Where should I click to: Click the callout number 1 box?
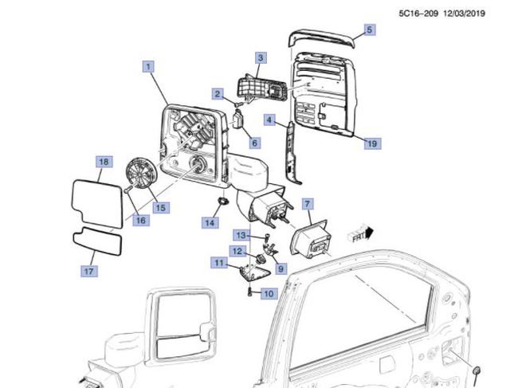[148, 67]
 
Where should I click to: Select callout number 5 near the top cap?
[369, 30]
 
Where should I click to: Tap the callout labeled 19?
[372, 143]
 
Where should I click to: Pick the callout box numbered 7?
[308, 204]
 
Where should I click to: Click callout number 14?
[210, 222]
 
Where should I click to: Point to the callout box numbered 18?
[104, 162]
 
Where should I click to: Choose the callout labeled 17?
[88, 271]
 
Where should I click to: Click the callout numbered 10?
[269, 294]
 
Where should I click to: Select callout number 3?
[261, 58]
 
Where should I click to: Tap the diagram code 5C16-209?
[418, 14]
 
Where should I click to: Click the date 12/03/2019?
[464, 14]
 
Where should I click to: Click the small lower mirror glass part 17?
[97, 241]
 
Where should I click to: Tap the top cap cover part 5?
[321, 38]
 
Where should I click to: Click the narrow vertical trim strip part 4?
[292, 153]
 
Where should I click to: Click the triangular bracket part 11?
[254, 272]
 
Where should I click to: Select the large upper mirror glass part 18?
[96, 203]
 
